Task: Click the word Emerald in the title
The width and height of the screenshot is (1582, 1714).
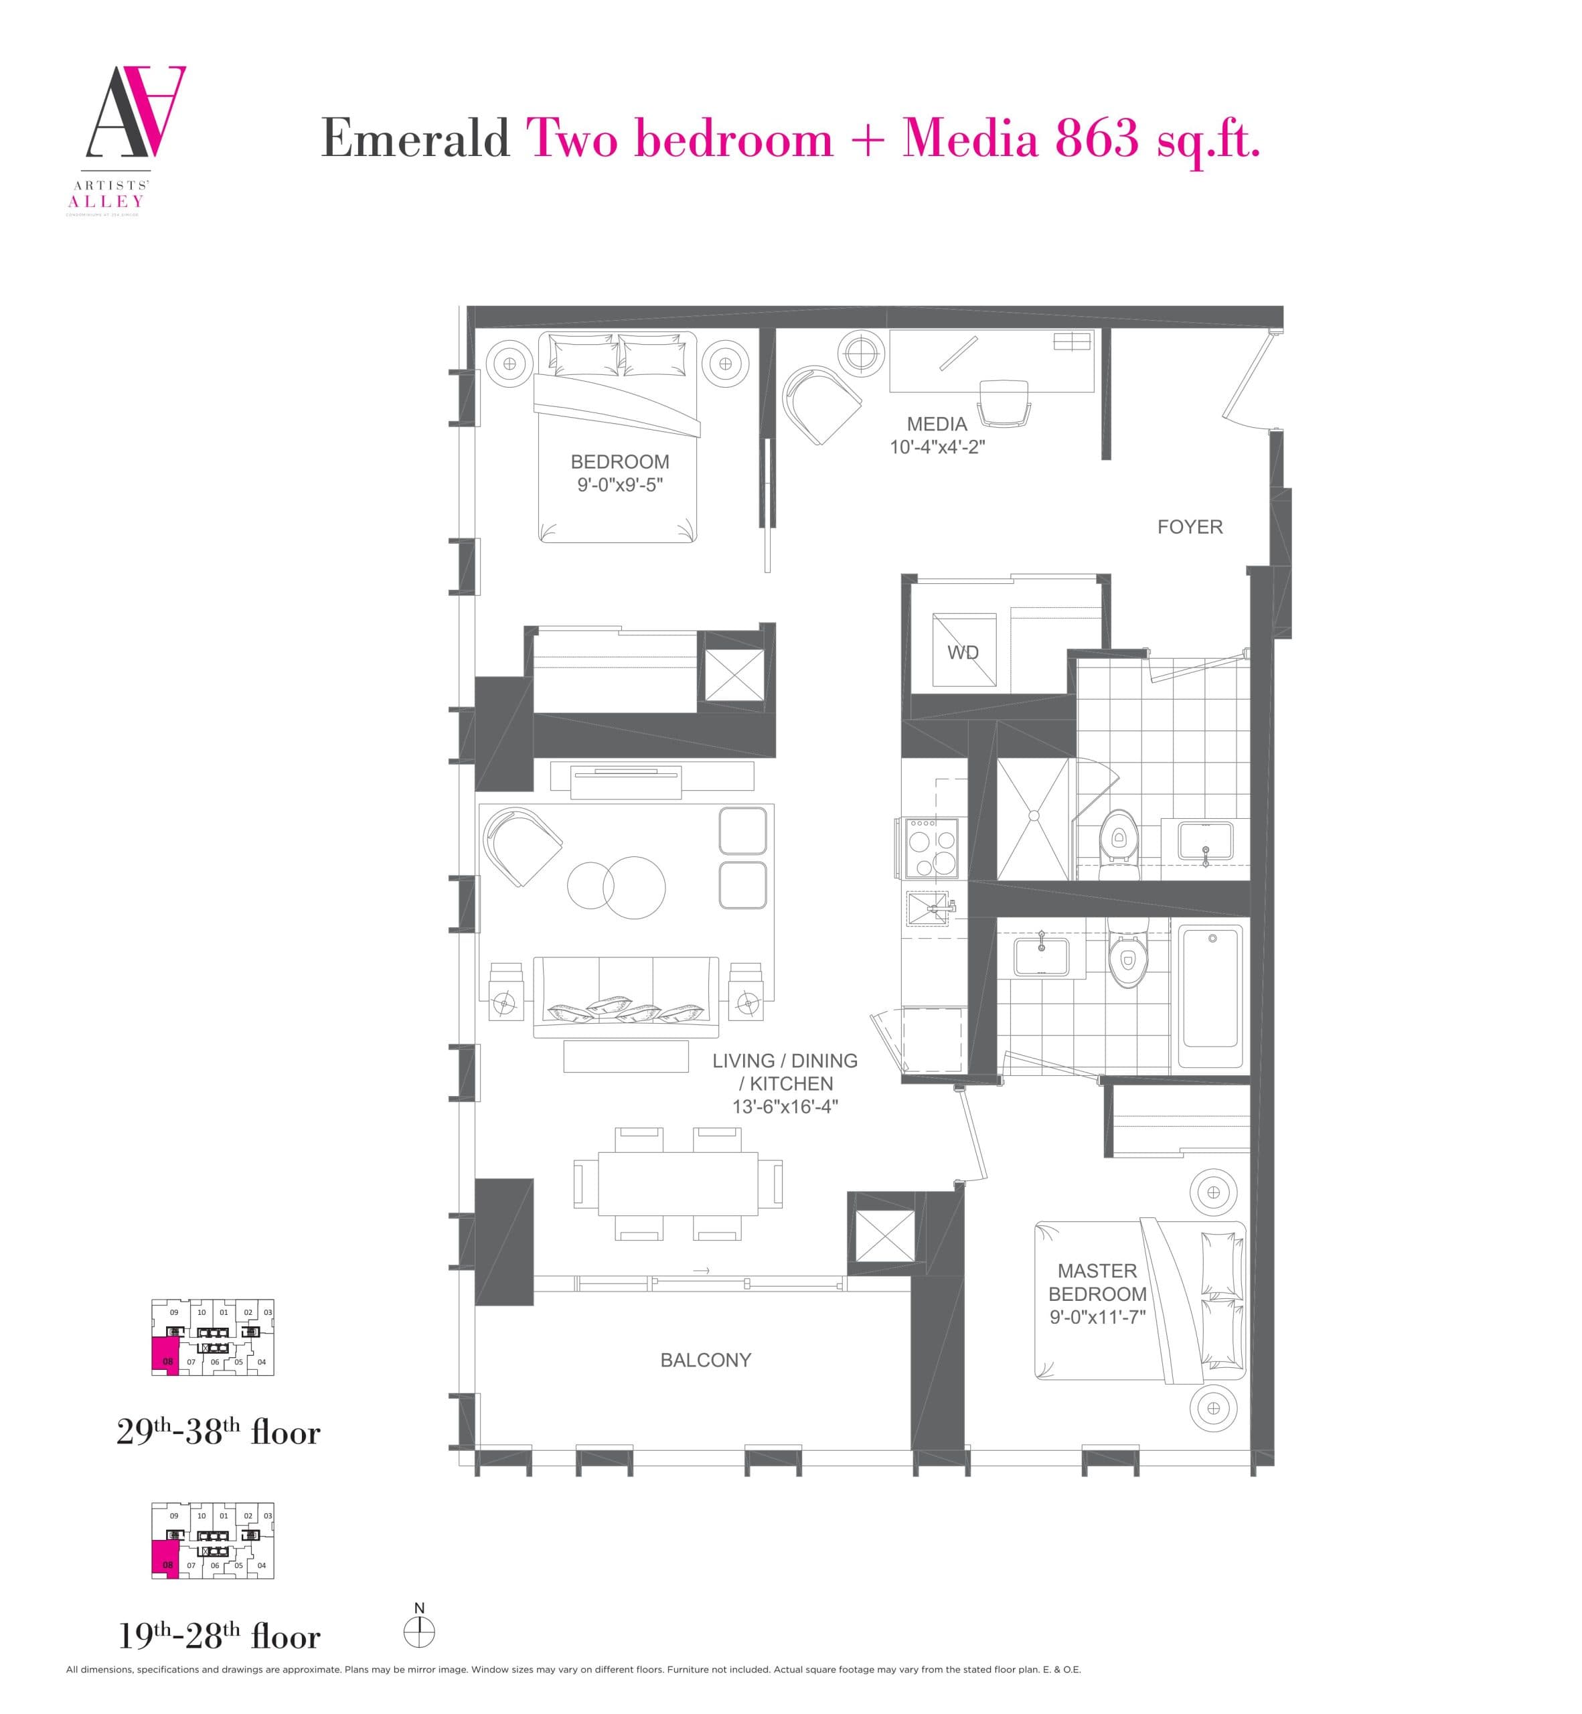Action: coord(415,139)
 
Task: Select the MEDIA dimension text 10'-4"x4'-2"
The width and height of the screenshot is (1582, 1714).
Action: coord(937,447)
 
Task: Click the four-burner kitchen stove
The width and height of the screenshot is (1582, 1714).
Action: coord(930,848)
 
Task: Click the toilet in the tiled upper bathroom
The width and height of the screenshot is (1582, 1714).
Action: coord(1118,841)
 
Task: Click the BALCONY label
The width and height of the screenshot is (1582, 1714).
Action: coord(706,1360)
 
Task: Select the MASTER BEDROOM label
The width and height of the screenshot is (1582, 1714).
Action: coord(1097,1283)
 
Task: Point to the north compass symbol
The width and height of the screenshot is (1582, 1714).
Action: coord(420,1632)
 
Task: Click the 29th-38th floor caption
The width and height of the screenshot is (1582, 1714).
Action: coord(218,1432)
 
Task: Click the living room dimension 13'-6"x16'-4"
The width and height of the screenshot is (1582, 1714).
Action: coord(784,1106)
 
